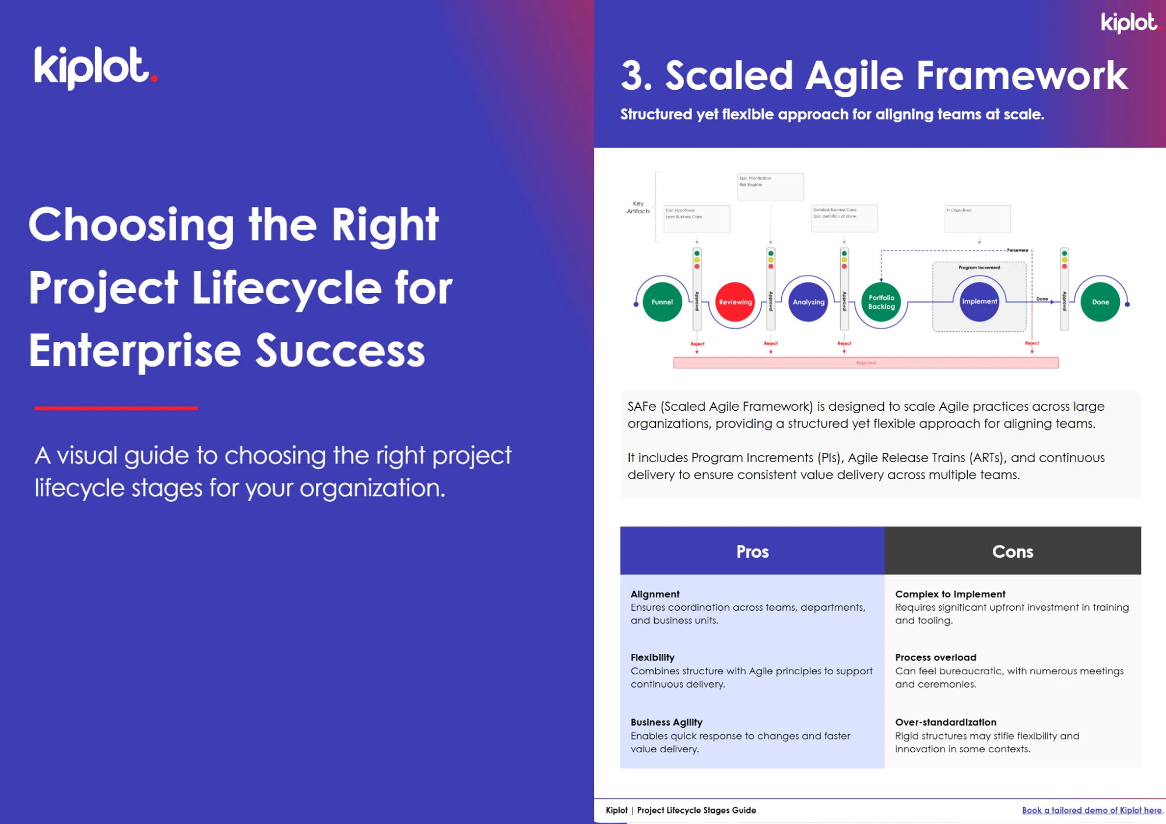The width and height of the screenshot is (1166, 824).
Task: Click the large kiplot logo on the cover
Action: point(95,68)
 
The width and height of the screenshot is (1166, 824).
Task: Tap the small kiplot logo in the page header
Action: point(1129,23)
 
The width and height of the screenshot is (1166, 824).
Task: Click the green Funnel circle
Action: point(662,302)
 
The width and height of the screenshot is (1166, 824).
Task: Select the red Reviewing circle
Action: point(735,302)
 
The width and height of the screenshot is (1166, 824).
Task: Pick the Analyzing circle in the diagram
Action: point(809,302)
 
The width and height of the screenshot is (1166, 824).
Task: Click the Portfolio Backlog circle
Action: point(881,302)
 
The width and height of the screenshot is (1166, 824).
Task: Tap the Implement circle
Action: point(979,301)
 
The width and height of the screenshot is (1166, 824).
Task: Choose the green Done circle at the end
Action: point(1100,302)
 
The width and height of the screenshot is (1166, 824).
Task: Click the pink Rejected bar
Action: point(866,363)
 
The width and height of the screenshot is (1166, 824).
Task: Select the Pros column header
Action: point(752,551)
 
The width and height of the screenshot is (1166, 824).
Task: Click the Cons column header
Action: point(1013,551)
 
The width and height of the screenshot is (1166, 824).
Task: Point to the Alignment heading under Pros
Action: point(655,594)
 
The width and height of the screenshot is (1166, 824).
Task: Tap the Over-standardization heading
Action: point(946,722)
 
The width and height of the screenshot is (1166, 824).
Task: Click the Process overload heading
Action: point(935,657)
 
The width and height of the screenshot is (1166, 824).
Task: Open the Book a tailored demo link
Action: point(1091,810)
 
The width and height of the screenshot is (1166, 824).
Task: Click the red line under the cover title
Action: point(116,409)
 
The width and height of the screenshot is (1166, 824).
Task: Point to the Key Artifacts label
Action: point(638,207)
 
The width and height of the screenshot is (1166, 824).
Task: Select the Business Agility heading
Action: point(666,722)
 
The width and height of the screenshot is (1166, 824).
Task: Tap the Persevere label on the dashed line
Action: point(1017,250)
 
